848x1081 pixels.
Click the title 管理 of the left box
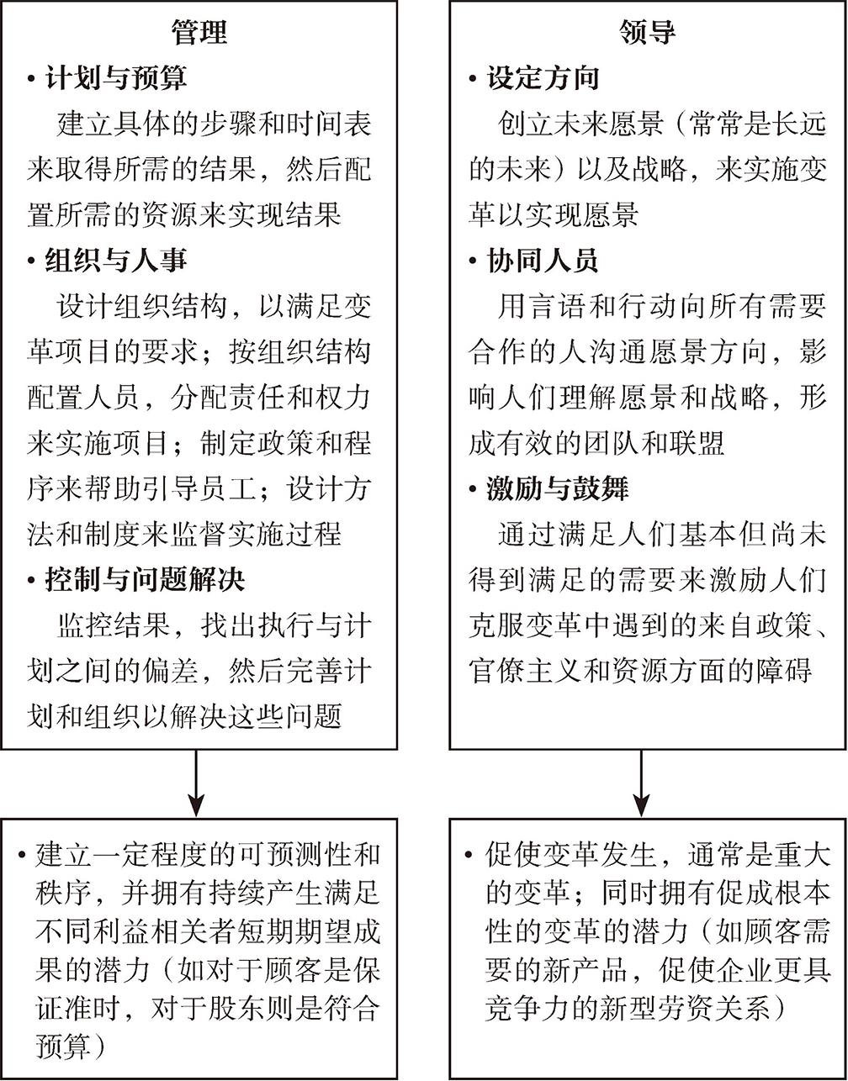tap(199, 33)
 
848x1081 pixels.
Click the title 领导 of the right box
tap(647, 33)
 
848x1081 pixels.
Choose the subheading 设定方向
tap(543, 78)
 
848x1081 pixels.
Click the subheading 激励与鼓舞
tap(557, 488)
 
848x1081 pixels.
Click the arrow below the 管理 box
tap(197, 782)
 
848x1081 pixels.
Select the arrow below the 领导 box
tap(642, 782)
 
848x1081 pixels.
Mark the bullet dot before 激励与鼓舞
tap(474, 489)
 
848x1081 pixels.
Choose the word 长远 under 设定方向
tap(798, 124)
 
